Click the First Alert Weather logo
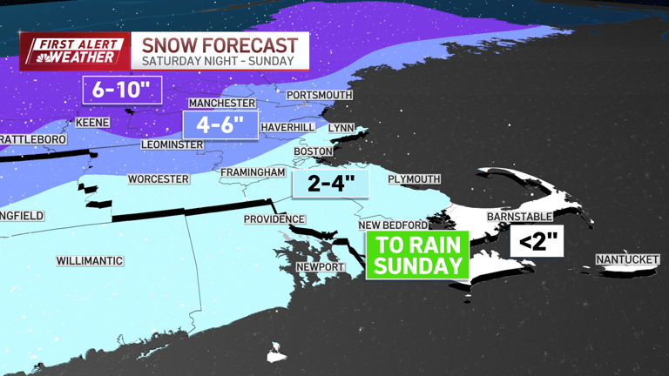[x=74, y=51]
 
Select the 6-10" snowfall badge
[x=122, y=89]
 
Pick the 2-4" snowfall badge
[x=330, y=185]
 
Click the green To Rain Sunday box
[x=417, y=254]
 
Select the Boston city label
[x=313, y=151]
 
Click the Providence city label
[x=274, y=219]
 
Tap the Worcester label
[x=158, y=179]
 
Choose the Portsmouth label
[x=320, y=95]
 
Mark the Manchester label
[x=221, y=103]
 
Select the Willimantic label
[x=90, y=261]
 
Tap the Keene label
[x=92, y=123]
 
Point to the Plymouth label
[x=414, y=179]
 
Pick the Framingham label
[x=253, y=172]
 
